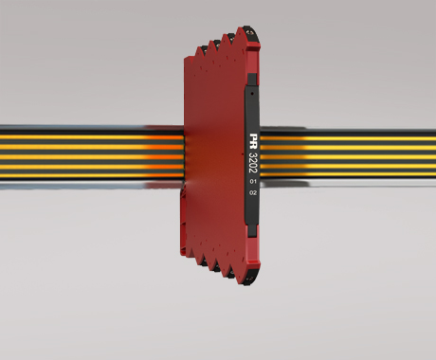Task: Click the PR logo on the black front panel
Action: (x=254, y=140)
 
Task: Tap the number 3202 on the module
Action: (x=253, y=163)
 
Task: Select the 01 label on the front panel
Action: (x=253, y=182)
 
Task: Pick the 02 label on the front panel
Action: (x=253, y=192)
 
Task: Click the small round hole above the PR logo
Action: (x=252, y=94)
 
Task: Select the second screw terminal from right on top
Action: (x=231, y=39)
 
